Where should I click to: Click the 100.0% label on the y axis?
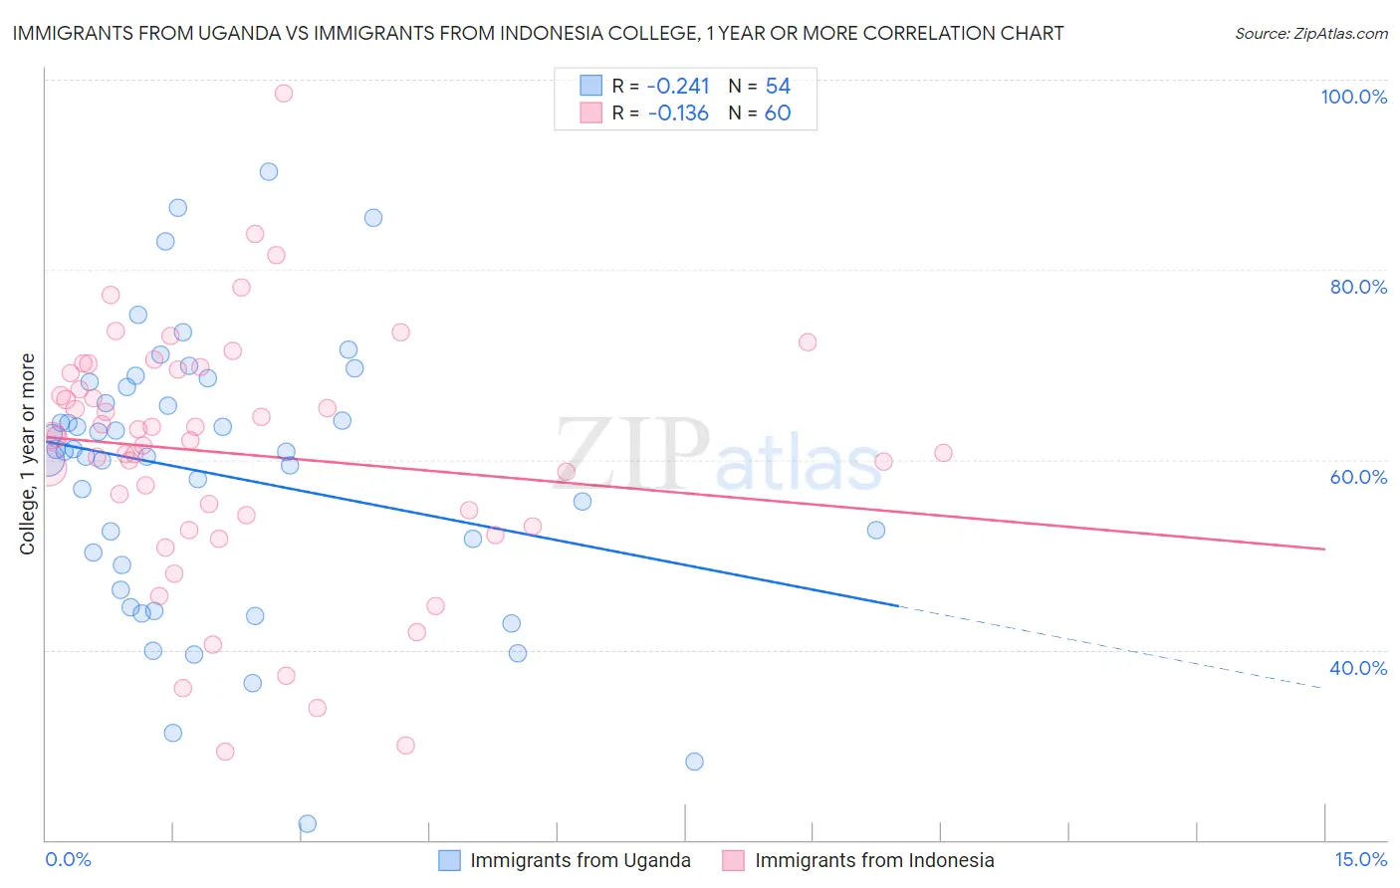click(1353, 97)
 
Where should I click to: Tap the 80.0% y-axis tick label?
click(1358, 287)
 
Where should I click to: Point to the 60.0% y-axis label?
click(1358, 477)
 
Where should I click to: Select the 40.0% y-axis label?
click(1358, 668)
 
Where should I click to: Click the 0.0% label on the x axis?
click(68, 859)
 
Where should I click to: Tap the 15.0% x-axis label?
click(1360, 859)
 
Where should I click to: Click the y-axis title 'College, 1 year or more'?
click(28, 454)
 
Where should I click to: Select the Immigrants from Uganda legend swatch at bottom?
click(450, 860)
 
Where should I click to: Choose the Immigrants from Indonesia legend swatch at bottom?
click(734, 860)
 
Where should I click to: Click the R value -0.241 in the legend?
click(678, 86)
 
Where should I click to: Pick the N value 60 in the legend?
click(778, 112)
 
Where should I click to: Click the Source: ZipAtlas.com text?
click(1310, 34)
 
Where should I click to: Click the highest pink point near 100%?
click(284, 94)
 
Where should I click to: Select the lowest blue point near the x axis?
click(308, 823)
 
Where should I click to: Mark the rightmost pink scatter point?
click(943, 453)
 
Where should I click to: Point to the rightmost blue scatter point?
click(876, 530)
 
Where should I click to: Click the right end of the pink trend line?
click(1324, 549)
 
